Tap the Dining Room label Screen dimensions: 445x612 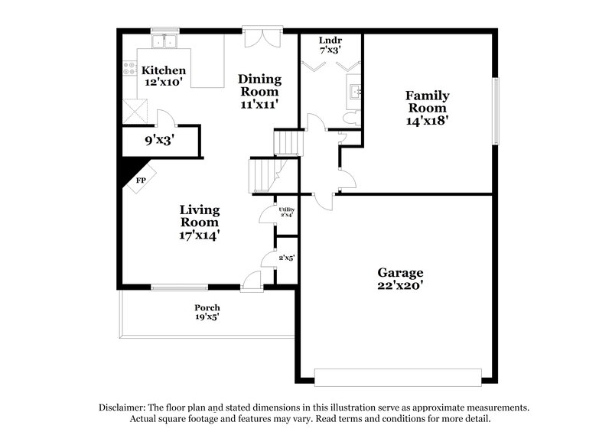pyautogui.click(x=259, y=90)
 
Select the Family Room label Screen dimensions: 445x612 pyautogui.click(x=427, y=108)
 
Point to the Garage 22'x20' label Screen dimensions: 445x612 pyautogui.click(x=400, y=278)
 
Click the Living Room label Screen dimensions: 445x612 pyautogui.click(x=200, y=222)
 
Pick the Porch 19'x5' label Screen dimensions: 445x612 pyautogui.click(x=207, y=312)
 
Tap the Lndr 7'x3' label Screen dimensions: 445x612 pyautogui.click(x=330, y=44)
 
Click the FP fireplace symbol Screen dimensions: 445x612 pyautogui.click(x=141, y=181)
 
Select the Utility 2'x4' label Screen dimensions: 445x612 pyautogui.click(x=286, y=212)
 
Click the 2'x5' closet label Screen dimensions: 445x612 pyautogui.click(x=287, y=258)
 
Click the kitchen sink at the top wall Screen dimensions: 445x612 pyautogui.click(x=164, y=41)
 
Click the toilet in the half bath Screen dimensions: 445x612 pyautogui.click(x=350, y=119)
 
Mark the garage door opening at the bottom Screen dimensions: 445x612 pyautogui.click(x=398, y=377)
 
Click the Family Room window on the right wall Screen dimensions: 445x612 pyautogui.click(x=495, y=111)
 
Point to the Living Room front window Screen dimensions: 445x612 pyautogui.click(x=179, y=287)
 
